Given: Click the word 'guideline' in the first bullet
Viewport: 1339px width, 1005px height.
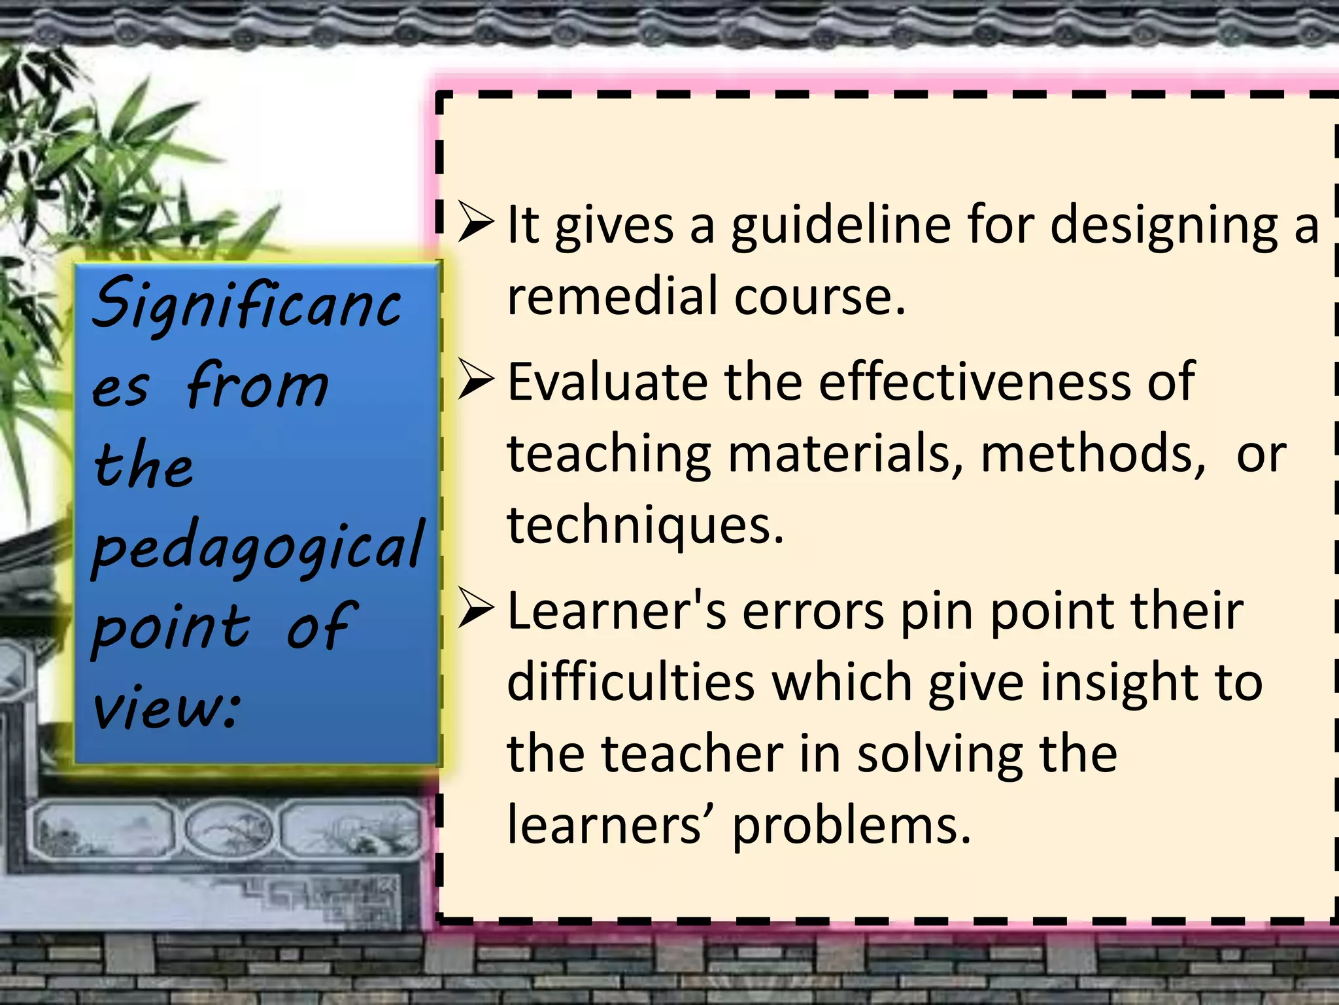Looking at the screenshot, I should click(x=840, y=226).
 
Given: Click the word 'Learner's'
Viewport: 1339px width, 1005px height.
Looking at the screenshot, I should click(x=616, y=611).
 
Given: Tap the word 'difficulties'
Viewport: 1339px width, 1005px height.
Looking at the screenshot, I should click(x=630, y=682).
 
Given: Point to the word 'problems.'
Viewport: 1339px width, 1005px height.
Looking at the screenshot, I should click(x=851, y=826).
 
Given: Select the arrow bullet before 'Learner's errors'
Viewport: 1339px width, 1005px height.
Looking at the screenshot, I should click(x=475, y=608).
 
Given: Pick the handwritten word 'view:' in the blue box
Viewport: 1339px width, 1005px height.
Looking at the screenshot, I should click(x=166, y=707).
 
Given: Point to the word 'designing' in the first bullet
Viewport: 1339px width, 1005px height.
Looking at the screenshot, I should click(x=1163, y=226).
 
